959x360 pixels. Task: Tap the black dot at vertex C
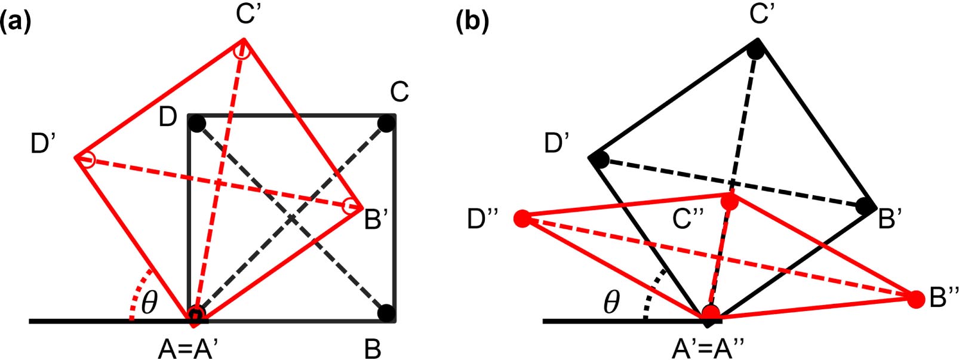(386, 124)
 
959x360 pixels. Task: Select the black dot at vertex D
(197, 124)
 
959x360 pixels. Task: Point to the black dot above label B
(386, 312)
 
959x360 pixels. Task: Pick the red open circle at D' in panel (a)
(88, 159)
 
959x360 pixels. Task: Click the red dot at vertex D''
(522, 219)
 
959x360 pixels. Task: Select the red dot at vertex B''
(916, 299)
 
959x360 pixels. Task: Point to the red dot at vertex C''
(730, 202)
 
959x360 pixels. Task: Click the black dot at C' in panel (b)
(755, 51)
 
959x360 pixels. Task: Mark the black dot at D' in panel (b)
(601, 160)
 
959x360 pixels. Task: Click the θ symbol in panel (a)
(149, 303)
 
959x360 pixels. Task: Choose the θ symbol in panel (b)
(611, 303)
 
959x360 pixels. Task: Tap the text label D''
(484, 220)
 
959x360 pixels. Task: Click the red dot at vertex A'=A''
(711, 313)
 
